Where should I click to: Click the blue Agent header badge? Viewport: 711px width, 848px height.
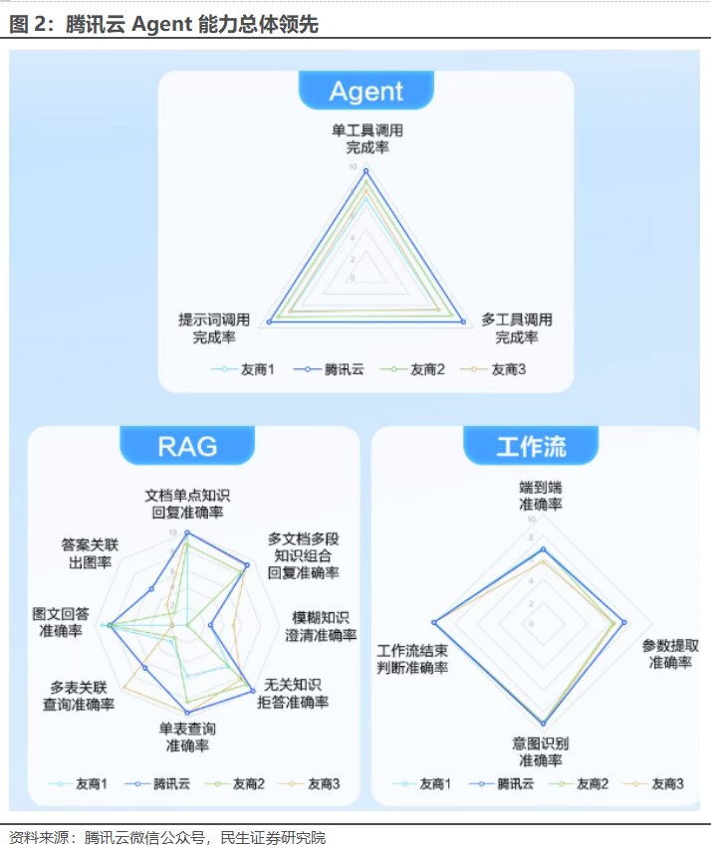pos(366,92)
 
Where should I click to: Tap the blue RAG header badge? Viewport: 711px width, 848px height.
pos(186,446)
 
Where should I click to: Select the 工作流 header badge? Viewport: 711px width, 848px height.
pos(531,447)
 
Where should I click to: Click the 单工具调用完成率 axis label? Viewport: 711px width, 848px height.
pos(367,138)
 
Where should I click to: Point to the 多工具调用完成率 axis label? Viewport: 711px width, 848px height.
pos(517,328)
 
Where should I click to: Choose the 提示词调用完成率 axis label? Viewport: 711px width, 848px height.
pos(214,328)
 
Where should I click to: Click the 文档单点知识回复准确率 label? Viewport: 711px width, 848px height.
pos(187,504)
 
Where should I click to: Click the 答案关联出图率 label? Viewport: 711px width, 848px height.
pos(90,553)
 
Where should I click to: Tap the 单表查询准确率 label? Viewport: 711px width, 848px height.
pos(187,737)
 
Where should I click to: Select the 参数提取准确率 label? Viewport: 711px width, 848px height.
pos(670,654)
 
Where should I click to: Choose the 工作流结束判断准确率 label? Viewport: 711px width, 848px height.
pos(411,658)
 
